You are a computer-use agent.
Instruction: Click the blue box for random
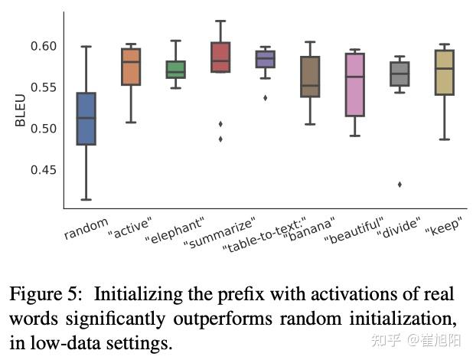[86, 119]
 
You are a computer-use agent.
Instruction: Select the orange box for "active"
[131, 67]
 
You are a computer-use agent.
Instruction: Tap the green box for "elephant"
[176, 70]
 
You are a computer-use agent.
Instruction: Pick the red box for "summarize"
[220, 57]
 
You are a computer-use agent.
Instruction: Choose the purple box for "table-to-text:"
[266, 59]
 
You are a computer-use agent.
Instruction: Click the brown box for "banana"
[310, 77]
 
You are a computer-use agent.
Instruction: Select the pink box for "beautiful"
[355, 85]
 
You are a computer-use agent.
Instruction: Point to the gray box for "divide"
[400, 74]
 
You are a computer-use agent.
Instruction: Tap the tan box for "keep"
[445, 73]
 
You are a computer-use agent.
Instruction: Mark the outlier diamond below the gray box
[400, 185]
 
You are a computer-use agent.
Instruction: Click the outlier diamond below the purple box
[266, 98]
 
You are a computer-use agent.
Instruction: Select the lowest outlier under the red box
[220, 139]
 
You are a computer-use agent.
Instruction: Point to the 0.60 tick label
[44, 46]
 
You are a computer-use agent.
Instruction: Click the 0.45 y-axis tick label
[44, 170]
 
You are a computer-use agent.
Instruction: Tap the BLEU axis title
[20, 110]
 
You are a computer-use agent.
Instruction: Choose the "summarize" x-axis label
[220, 233]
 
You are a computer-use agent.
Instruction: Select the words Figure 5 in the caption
[45, 294]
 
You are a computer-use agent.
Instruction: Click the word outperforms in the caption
[223, 319]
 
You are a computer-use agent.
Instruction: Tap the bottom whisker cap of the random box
[86, 200]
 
